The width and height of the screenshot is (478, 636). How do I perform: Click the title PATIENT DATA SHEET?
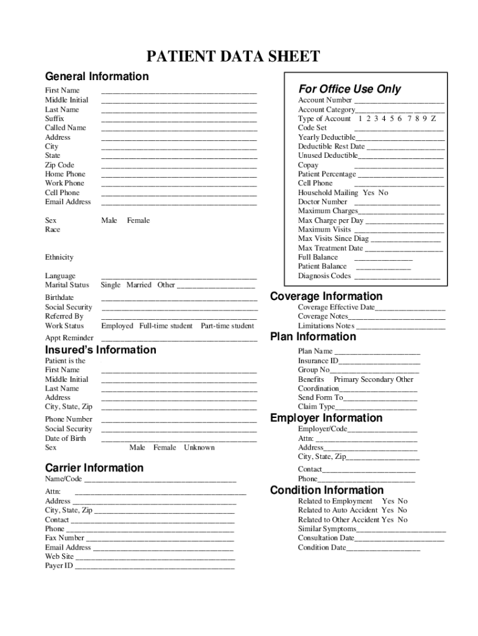point(233,57)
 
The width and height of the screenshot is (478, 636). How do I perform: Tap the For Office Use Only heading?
point(349,89)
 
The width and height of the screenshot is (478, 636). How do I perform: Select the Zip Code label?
point(60,165)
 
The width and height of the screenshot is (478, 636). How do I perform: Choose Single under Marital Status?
point(110,285)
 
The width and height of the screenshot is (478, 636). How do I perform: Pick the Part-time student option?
point(227,326)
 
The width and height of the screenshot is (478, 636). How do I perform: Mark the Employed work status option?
point(117,326)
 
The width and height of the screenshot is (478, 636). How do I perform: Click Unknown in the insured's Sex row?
point(199,448)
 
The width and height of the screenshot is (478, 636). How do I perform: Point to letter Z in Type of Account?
point(433,119)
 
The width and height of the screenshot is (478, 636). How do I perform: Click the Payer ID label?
point(59,566)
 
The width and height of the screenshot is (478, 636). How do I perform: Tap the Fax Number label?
point(65,538)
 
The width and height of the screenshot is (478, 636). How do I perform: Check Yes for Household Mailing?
point(368,193)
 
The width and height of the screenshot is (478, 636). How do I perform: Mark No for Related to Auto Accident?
point(402,511)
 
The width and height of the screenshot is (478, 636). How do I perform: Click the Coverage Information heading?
point(327,296)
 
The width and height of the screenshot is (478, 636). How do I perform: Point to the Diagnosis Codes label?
point(324,276)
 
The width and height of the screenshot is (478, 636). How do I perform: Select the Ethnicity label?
point(59,257)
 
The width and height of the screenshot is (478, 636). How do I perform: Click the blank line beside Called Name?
point(179,130)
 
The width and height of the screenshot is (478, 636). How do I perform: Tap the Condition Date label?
point(322,548)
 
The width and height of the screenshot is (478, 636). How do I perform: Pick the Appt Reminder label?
point(69,338)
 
